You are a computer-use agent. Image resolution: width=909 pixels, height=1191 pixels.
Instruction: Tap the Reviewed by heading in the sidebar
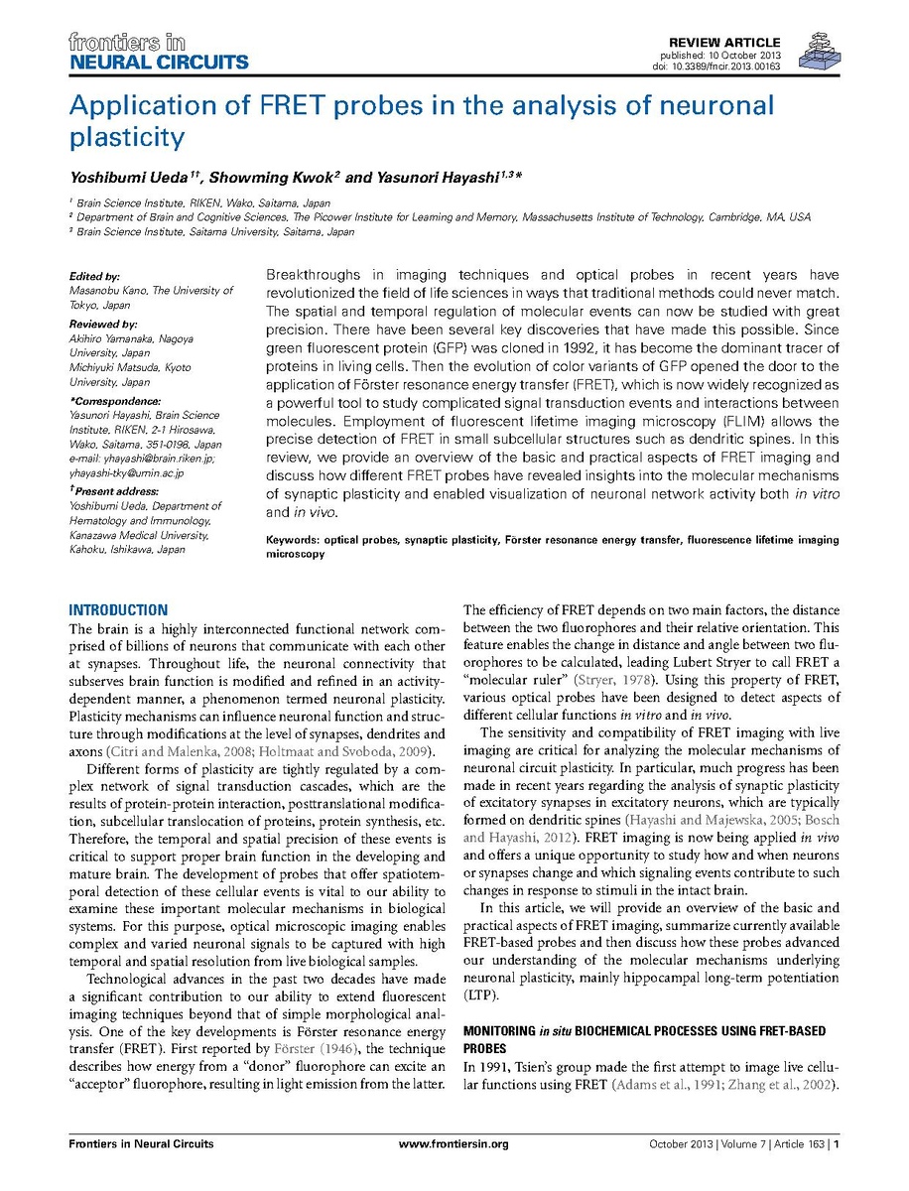(103, 325)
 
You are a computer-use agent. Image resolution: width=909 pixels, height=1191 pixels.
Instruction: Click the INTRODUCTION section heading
(118, 610)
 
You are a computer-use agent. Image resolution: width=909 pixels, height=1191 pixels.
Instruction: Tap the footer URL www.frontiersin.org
(454, 1144)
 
